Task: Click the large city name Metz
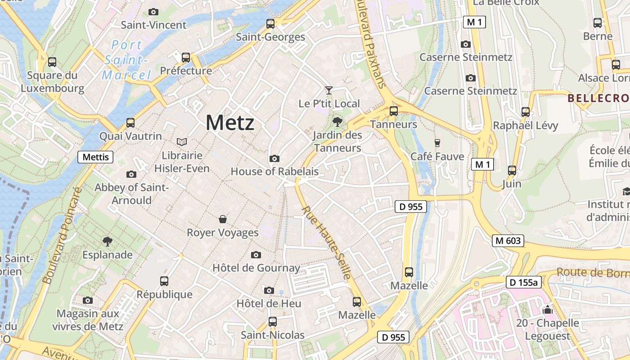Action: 230,122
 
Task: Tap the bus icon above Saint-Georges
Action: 270,24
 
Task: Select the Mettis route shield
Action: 95,157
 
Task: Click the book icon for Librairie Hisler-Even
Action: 182,142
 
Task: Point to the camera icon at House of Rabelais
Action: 274,158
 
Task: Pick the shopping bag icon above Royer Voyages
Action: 223,219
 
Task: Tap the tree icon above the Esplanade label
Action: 107,242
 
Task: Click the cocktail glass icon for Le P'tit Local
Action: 329,90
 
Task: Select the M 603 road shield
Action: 508,241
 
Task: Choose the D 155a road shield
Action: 523,283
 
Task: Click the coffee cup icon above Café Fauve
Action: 437,143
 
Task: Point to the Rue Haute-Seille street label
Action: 326,243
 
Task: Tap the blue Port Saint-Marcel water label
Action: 126,60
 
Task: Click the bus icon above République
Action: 164,281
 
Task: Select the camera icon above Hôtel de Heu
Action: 269,290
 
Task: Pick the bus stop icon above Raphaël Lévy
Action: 525,112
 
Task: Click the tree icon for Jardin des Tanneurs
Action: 337,121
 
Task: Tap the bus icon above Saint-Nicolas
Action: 273,322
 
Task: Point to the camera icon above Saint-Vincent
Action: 153,12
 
